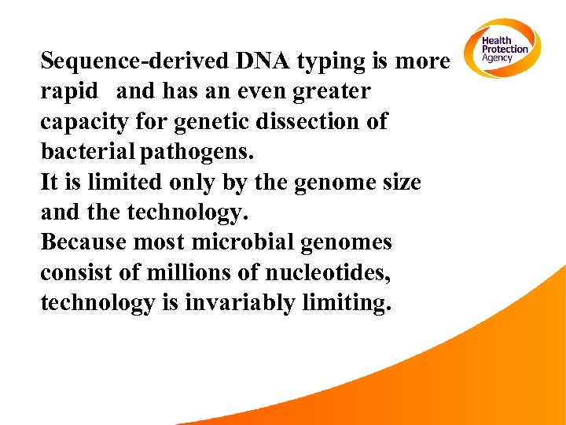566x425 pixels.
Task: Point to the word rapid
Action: point(69,92)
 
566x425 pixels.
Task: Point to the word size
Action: point(399,183)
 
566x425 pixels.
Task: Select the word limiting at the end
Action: point(346,303)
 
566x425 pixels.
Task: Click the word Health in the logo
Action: point(496,41)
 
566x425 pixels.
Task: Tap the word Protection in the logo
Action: point(505,50)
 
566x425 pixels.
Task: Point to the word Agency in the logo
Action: point(497,58)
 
